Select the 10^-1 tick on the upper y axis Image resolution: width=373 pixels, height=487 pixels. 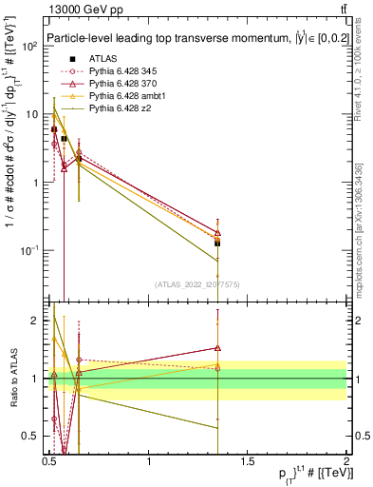click(28, 250)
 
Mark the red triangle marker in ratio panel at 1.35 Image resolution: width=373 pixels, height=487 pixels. click(217, 348)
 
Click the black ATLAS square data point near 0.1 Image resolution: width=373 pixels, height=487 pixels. click(217, 243)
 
